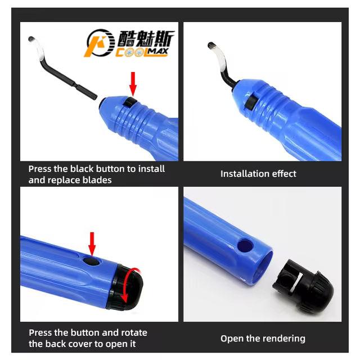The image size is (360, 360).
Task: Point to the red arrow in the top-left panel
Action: (x=133, y=83)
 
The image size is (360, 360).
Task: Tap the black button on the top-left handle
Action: (x=131, y=101)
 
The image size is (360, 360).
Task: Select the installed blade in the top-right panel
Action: (x=223, y=65)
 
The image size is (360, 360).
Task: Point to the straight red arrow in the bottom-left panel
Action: (x=92, y=243)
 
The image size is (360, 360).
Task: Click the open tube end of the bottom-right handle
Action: (x=264, y=268)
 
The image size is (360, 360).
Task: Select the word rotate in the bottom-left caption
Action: (x=134, y=333)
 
